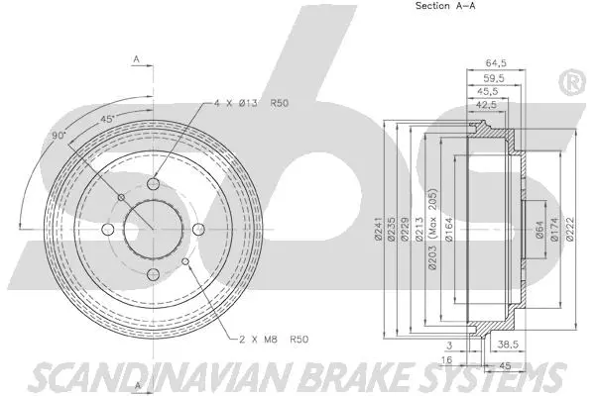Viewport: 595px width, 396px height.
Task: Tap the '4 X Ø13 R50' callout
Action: click(251, 102)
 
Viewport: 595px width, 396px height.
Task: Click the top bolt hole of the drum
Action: click(152, 185)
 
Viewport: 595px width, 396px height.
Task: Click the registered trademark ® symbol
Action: click(572, 82)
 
